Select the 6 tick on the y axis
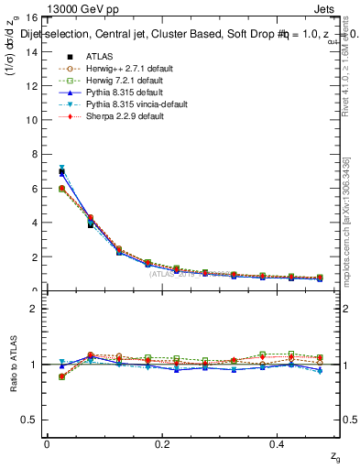pos(36,189)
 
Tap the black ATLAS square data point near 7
pos(61,171)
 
